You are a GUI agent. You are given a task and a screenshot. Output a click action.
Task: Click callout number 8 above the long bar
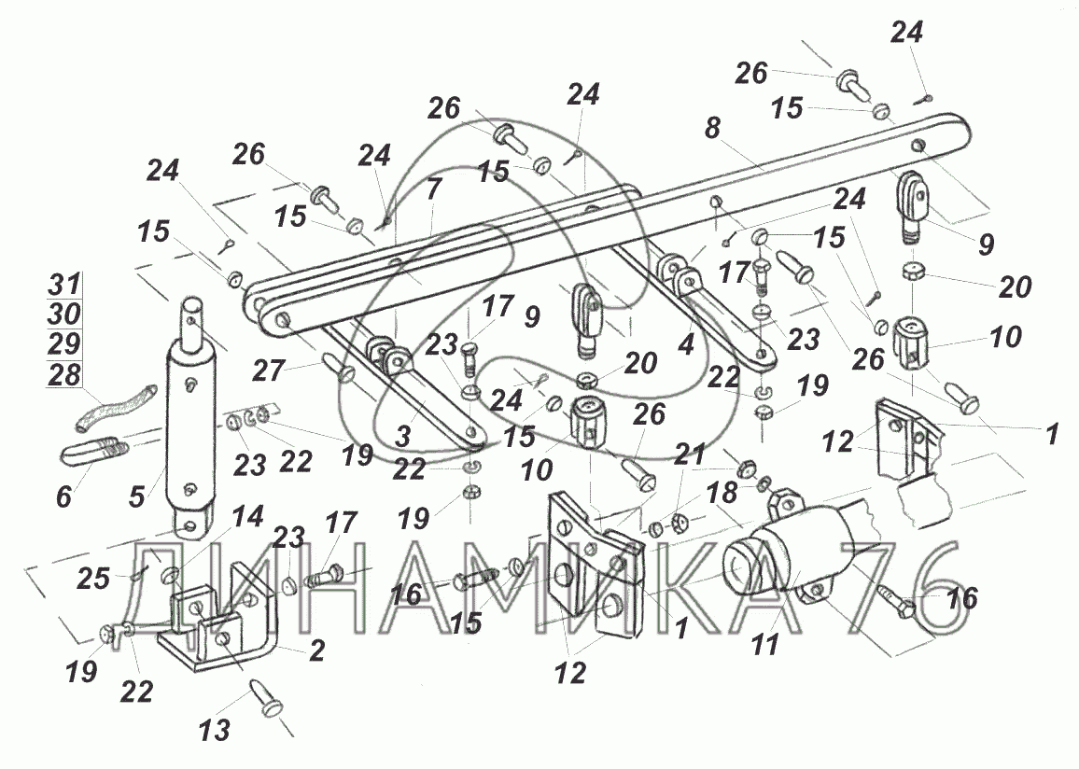[x=713, y=128]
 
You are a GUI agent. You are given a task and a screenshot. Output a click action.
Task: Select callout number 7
[x=433, y=188]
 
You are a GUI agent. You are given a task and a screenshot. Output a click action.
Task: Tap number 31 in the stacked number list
[x=64, y=283]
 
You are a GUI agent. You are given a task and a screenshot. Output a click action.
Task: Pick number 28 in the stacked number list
[x=64, y=375]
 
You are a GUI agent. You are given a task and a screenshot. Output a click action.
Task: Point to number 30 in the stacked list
[x=64, y=314]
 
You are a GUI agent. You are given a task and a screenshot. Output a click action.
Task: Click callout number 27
[x=269, y=371]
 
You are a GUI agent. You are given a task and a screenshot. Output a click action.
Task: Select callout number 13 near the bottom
[x=214, y=731]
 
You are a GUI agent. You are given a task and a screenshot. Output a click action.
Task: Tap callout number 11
[x=765, y=645]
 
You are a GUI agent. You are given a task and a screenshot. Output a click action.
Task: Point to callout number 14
[x=247, y=516]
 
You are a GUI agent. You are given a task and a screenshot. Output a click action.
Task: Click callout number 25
[x=93, y=579]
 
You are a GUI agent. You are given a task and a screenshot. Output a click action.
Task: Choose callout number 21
[x=690, y=454]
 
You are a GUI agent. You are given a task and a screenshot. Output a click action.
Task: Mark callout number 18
[x=722, y=492]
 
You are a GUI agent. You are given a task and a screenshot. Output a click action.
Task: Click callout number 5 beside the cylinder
[x=137, y=496]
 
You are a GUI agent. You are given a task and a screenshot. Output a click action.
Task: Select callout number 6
[x=64, y=496]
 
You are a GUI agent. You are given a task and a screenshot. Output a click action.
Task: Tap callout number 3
[x=403, y=436]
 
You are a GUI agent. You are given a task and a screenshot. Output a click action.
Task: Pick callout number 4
[x=686, y=344]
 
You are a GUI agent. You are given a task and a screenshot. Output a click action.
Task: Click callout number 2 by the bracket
[x=316, y=650]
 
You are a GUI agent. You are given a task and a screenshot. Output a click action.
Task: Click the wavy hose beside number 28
[x=116, y=410]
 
